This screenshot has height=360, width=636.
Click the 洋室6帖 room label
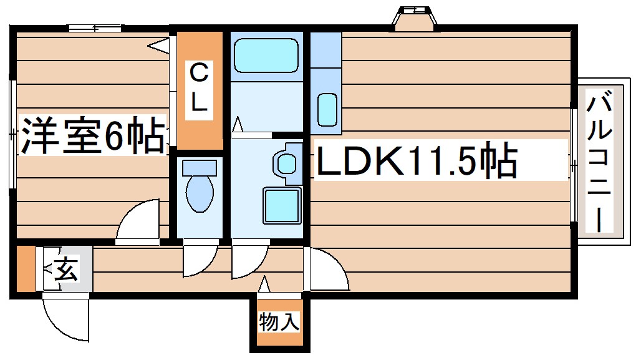coord(94,136)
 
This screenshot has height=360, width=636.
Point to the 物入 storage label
coord(279,323)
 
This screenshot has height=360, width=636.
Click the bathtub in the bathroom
coord(266,57)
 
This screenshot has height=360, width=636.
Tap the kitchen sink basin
coord(327,110)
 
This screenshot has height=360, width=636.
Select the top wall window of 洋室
coord(94,28)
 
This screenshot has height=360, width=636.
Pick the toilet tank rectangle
coord(200,167)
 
